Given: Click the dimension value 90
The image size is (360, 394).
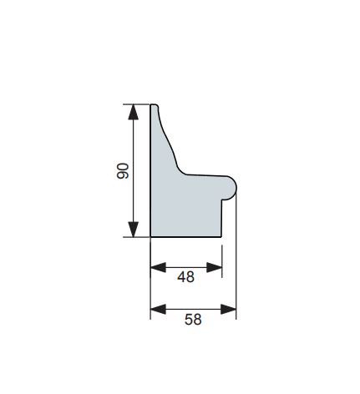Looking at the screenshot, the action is (x=123, y=171).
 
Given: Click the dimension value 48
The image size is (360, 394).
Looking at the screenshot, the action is (x=185, y=277).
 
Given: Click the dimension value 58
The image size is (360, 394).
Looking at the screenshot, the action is (x=193, y=320).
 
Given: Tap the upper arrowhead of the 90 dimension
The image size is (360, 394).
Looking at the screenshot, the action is (x=133, y=112).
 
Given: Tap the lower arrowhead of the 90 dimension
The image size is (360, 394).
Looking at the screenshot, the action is (x=133, y=230).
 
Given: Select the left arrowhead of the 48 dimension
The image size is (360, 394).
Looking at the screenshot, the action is (x=158, y=267).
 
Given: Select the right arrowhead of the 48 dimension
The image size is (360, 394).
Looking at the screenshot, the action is (x=215, y=267).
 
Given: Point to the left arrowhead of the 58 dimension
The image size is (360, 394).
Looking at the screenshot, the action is (x=158, y=309).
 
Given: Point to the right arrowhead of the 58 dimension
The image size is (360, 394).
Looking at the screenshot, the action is (x=228, y=309).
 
